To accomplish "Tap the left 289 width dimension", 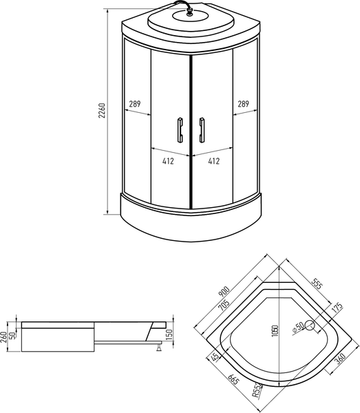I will click(135, 105).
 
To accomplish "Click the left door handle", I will click(180, 129).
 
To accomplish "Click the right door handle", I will click(202, 129).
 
